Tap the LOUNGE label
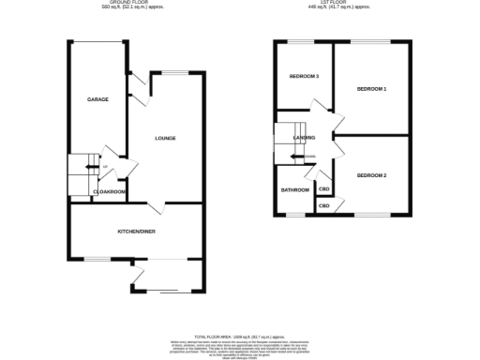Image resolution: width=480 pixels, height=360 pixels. [x=165, y=139]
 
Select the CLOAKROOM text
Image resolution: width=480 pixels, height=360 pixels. [x=110, y=192]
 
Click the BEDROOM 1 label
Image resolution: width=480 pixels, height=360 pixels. [x=371, y=89]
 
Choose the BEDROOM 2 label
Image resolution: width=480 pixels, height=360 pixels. [x=371, y=175]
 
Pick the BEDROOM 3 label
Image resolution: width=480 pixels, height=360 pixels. [x=304, y=76]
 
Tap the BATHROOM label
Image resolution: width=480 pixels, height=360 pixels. [x=295, y=190]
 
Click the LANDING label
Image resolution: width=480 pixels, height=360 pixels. [x=304, y=138]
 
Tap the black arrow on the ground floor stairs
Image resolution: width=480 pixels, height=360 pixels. [x=90, y=168]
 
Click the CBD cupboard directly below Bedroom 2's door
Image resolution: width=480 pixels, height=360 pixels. [x=324, y=205]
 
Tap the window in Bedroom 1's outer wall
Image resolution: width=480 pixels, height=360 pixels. [x=375, y=41]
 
